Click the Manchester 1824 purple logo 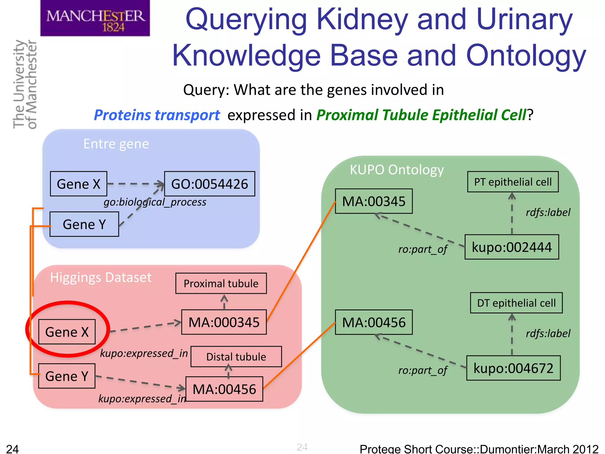tap(95, 18)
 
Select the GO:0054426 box tap(209, 184)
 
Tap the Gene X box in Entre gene tap(79, 184)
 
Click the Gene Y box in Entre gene tap(84, 224)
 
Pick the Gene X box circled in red tap(67, 332)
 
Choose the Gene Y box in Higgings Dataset tap(67, 376)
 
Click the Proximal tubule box tap(221, 283)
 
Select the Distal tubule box tap(236, 357)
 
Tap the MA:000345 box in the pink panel tap(224, 322)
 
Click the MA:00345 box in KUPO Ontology tap(374, 201)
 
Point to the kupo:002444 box tap(512, 247)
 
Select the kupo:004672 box tap(513, 368)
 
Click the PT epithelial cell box tap(513, 182)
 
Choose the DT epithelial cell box tap(516, 303)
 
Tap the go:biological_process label tap(155, 202)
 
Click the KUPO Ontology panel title tap(397, 170)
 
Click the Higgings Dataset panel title tap(101, 278)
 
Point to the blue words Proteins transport tap(157, 115)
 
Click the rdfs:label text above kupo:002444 tap(548, 212)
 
